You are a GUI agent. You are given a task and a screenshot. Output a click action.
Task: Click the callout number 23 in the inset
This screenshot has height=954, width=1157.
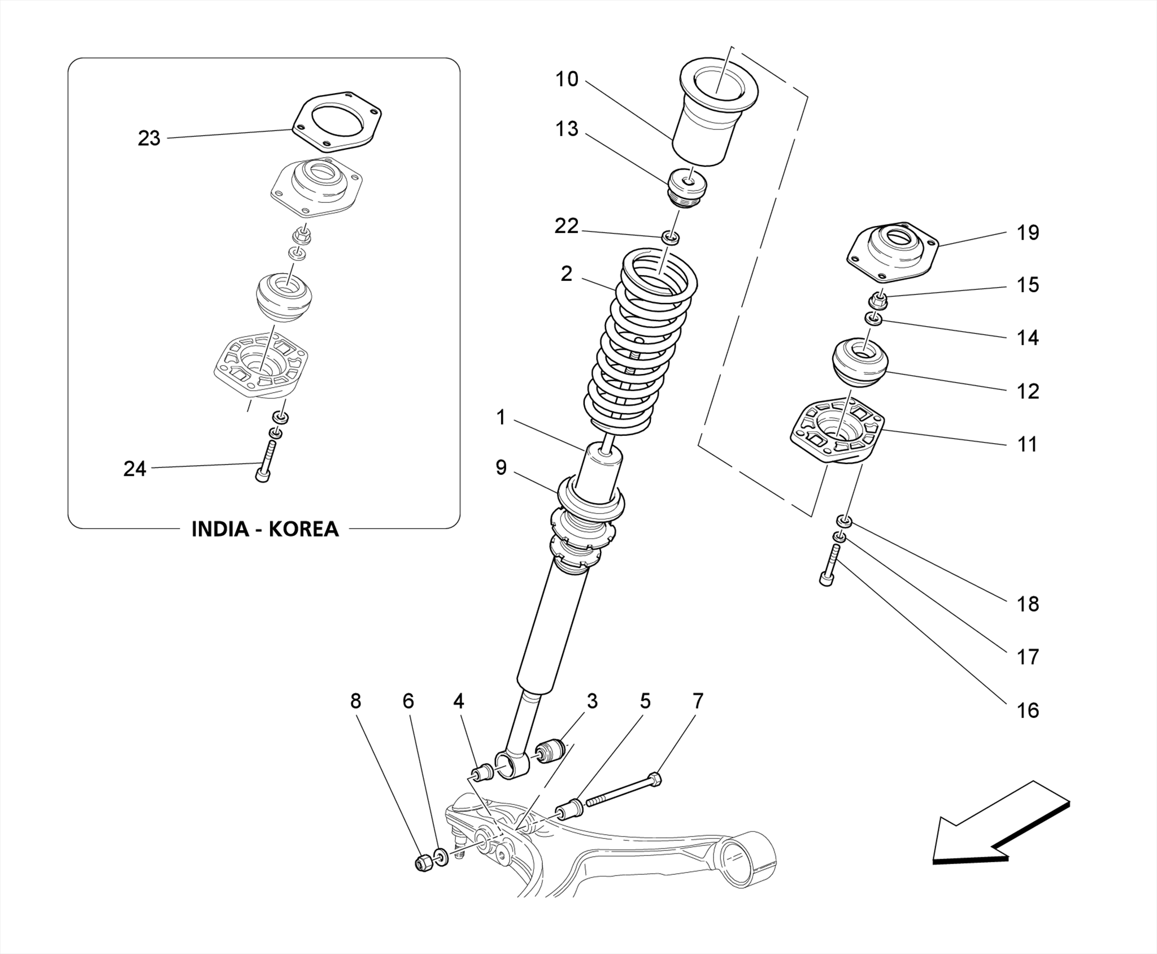tap(149, 138)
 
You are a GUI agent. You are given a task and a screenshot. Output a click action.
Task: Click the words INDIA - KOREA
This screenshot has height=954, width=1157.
tap(265, 529)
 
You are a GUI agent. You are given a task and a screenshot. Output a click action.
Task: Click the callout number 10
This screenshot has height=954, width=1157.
tap(567, 79)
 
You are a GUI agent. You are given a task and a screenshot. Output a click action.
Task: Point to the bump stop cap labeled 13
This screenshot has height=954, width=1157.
tap(687, 188)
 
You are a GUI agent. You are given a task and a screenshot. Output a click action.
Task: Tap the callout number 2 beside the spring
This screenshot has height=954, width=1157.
tap(567, 274)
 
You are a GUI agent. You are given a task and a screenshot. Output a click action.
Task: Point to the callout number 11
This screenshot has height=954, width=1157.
tap(1027, 444)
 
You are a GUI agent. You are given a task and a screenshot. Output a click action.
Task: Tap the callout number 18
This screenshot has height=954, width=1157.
tap(1027, 604)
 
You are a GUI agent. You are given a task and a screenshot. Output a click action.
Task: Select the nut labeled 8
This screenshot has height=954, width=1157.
tap(422, 862)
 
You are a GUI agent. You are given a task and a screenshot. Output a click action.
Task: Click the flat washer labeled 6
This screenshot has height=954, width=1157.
tap(441, 856)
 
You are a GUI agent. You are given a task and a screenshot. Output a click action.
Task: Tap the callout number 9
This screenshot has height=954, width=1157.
tap(501, 468)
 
